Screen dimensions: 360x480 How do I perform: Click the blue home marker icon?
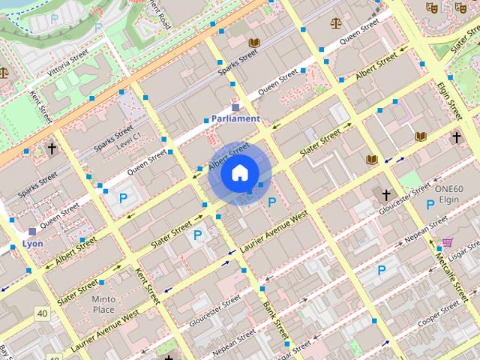pos(238,173)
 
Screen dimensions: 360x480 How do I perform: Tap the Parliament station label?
pos(235,118)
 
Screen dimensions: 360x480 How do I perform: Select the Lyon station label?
pos(32,244)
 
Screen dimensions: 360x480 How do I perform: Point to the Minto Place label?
pos(103,304)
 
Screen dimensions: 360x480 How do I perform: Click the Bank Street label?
pos(274,321)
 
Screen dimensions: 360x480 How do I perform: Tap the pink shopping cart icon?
pos(447,241)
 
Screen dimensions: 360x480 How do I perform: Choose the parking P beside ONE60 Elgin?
pos(430,205)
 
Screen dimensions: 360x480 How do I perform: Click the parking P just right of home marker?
pos(271,202)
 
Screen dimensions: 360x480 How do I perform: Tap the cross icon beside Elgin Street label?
pos(456,137)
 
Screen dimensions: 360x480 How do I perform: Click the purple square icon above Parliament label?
pos(235,107)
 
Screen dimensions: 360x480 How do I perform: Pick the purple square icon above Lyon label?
pos(31,232)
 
